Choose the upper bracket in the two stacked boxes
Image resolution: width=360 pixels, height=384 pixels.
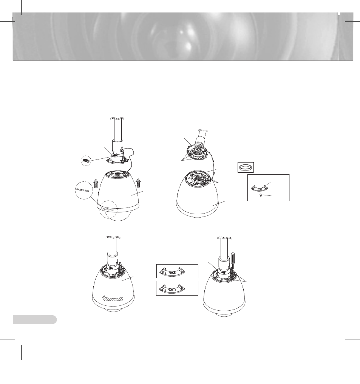[x=176, y=271]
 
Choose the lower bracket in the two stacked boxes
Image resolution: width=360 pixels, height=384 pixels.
[x=176, y=288]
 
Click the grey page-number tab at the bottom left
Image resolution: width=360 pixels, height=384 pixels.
[x=34, y=319]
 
